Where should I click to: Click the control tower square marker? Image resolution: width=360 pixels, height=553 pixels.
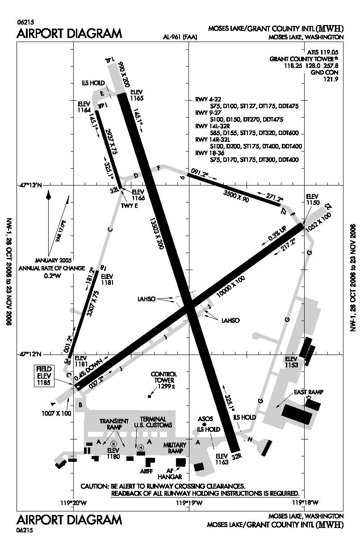click(x=149, y=396)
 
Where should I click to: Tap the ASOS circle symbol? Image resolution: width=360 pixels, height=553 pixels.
click(x=205, y=424)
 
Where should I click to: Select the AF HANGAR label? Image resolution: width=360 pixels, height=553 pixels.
click(x=171, y=474)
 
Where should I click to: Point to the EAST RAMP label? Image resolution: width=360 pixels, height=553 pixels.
click(x=309, y=392)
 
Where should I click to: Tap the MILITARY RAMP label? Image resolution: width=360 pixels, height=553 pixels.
click(x=174, y=448)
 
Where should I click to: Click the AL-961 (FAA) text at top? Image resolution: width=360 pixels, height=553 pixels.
click(x=180, y=37)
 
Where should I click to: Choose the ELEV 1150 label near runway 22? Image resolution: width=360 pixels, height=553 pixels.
click(x=313, y=199)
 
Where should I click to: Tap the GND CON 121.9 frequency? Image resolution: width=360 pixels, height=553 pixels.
click(x=328, y=76)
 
